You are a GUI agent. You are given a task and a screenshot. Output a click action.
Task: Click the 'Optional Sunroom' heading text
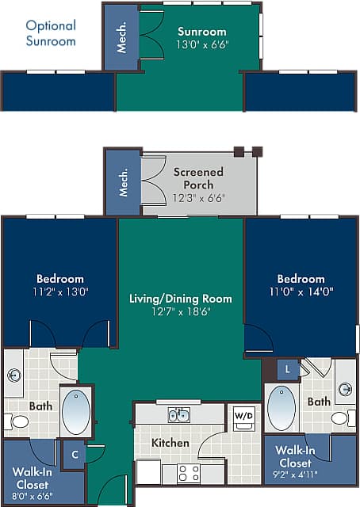coord(51,33)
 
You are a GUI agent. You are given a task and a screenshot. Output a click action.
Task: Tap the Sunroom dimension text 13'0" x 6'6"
coord(201,45)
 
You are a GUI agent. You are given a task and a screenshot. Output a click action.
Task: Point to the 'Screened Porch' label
coord(198,178)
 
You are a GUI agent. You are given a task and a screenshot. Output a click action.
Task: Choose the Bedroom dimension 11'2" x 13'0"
coord(60,292)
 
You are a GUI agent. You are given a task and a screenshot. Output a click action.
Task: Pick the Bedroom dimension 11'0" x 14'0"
coord(301,292)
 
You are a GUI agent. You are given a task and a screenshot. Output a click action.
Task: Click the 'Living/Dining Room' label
coord(181,299)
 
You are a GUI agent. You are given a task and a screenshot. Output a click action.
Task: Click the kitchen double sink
coord(178,415)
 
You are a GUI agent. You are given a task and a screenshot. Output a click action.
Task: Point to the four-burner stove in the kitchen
coord(189,473)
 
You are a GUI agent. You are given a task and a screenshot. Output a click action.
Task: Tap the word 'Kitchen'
coord(170,443)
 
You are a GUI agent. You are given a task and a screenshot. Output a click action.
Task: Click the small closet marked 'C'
coord(75,455)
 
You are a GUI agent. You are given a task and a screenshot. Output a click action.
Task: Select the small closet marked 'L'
coord(286,369)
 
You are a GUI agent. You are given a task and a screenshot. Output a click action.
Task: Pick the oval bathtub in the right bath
coord(281,408)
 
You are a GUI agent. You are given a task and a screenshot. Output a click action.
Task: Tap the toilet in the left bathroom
coord(17,421)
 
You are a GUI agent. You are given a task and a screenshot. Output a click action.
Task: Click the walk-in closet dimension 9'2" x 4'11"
coord(293,475)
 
